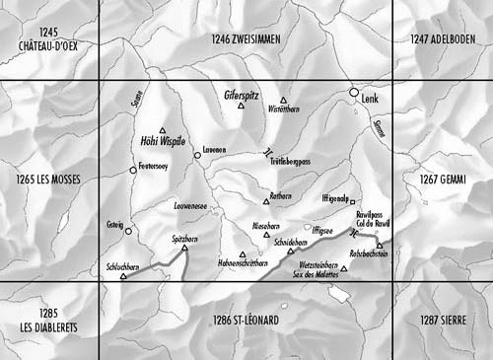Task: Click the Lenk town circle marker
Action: pos(355,93)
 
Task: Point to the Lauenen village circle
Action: pos(197,155)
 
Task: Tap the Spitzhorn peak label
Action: pos(173,240)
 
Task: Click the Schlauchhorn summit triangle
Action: pos(123,277)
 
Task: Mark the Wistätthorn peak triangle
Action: pos(284,101)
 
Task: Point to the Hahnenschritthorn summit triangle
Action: pos(243,255)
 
